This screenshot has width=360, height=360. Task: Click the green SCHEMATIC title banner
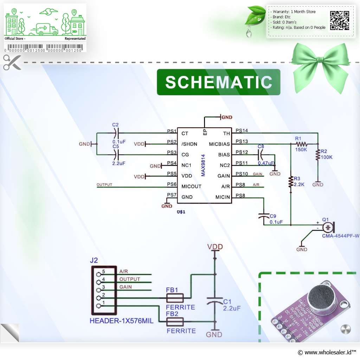coord(218,82)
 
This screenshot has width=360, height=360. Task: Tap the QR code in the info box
coord(339,20)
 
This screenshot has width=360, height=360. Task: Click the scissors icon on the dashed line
coord(12,62)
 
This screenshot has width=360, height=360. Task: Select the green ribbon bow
coord(321,65)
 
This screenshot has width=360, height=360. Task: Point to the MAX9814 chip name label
coord(208,165)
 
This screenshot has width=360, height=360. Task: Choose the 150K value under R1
coord(301,150)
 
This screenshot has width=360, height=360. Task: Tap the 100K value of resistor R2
coord(326,157)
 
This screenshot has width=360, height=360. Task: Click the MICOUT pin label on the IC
coord(191,186)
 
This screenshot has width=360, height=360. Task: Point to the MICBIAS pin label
coord(219,144)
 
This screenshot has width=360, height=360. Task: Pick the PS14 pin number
coord(242,131)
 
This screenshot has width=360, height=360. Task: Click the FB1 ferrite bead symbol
coord(175,299)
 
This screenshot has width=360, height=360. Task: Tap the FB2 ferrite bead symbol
coord(175,322)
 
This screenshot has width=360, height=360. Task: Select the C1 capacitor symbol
coord(214,302)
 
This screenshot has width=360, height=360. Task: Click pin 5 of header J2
coord(98,272)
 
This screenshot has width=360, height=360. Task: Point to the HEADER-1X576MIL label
coord(121,321)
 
